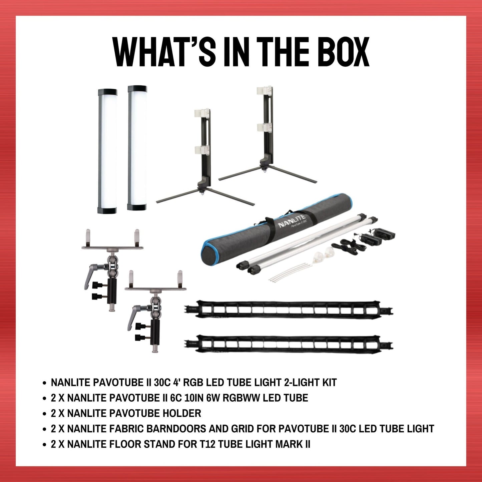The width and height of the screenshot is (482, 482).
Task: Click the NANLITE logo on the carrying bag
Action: (x=292, y=221)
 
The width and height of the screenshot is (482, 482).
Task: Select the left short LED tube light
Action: (x=107, y=151)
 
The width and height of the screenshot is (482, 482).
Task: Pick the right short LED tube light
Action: (x=137, y=148)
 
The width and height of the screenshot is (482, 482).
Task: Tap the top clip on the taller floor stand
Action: (x=265, y=90)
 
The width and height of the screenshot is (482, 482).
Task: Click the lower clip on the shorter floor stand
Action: (x=202, y=150)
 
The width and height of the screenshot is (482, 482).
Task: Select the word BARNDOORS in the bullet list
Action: (x=176, y=429)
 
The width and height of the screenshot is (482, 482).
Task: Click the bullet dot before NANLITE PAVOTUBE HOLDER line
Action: (x=44, y=414)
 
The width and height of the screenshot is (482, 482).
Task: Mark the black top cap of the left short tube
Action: (x=107, y=91)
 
